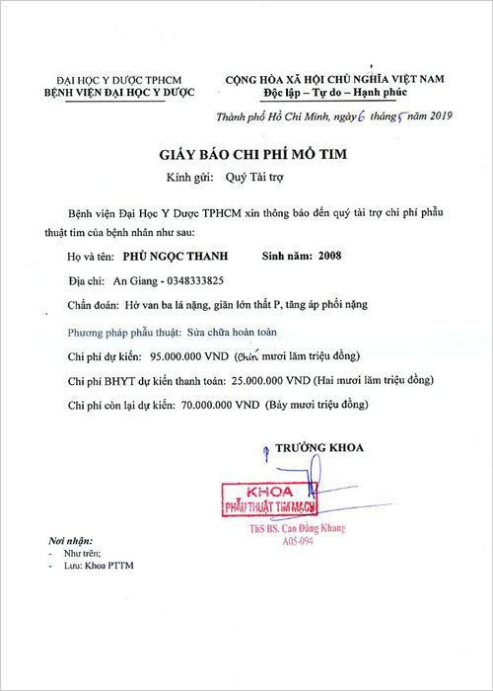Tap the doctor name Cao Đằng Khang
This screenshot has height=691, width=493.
(311, 529)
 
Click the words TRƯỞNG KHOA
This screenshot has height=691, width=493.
(318, 447)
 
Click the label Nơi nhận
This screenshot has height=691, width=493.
(69, 543)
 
